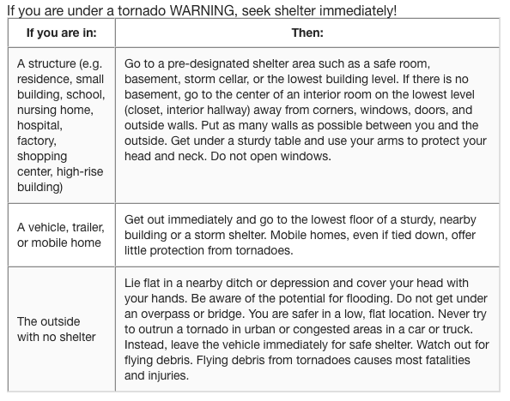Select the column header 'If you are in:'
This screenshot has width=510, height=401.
[x=60, y=33]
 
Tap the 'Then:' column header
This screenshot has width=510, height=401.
[x=307, y=33]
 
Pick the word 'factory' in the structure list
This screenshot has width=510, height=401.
[x=39, y=141]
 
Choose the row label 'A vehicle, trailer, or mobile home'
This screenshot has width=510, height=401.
[x=60, y=235]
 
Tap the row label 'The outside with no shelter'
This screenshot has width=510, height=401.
[x=57, y=329]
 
